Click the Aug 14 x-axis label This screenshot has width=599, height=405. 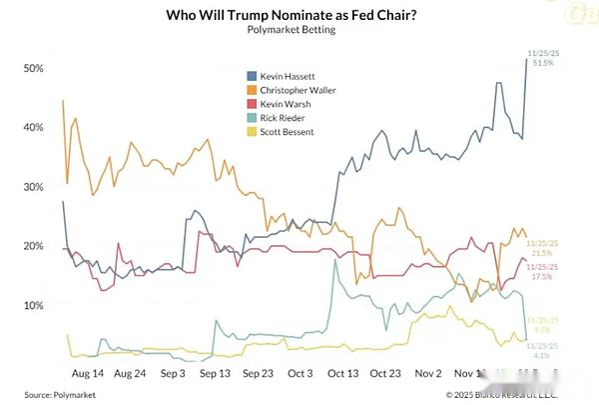(x=87, y=371)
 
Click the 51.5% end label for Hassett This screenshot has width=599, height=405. (x=542, y=63)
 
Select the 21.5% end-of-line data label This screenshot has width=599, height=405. (x=542, y=254)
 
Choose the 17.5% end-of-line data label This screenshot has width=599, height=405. (x=542, y=276)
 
